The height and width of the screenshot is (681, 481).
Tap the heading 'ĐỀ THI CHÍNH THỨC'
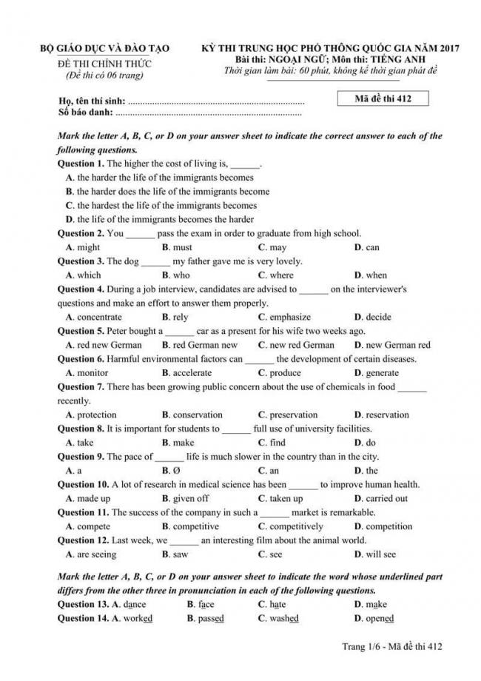[x=104, y=63]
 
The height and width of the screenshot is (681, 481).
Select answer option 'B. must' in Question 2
[x=177, y=247]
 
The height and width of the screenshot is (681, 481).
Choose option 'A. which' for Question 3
[x=83, y=275]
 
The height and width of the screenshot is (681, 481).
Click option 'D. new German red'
[x=391, y=345]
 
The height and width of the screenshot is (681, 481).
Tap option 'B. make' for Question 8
[x=178, y=443]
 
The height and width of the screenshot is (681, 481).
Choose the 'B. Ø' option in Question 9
[x=171, y=471]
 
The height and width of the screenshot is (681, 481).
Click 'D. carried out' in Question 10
[x=380, y=498]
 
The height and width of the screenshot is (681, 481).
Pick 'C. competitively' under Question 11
[x=290, y=526]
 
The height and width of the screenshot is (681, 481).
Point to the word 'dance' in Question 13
[x=135, y=605]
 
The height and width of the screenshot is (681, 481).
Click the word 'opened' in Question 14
[x=380, y=619]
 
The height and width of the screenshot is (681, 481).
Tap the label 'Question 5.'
[x=81, y=331]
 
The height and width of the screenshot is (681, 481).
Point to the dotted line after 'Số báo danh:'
[x=209, y=113]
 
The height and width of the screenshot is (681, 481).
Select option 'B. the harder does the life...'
[x=167, y=192]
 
